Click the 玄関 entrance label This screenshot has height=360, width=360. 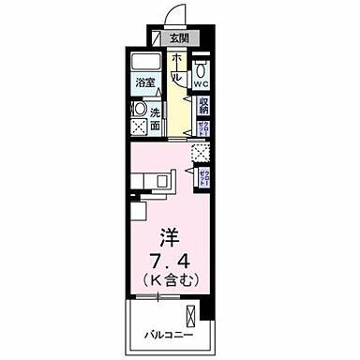pos(179,38)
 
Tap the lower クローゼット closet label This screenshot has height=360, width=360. pos(203,175)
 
